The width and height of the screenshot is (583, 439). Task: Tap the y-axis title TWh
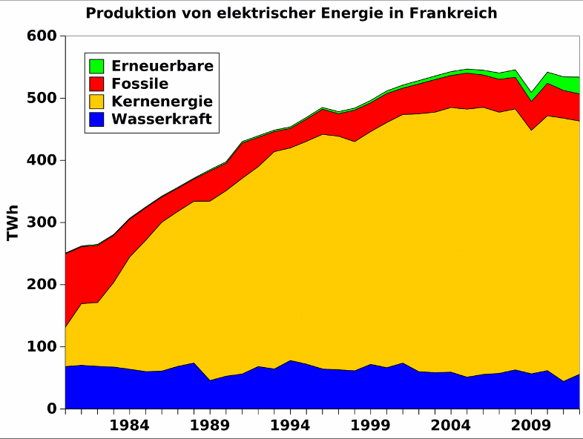coord(13,222)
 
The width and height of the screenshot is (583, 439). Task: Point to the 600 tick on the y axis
coord(42,36)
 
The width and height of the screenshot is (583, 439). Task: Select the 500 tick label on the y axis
coord(42,99)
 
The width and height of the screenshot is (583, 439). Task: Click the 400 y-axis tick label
coord(42,160)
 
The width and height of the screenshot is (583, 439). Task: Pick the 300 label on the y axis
coord(42,222)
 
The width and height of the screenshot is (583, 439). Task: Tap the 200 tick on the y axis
coord(42,285)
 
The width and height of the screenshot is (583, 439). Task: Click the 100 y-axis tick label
coord(42,347)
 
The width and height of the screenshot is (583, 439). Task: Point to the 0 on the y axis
coord(52,409)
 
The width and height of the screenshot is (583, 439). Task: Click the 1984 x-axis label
coord(129,426)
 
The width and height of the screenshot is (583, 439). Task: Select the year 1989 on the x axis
coord(210,426)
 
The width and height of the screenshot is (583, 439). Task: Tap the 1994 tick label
coord(291,426)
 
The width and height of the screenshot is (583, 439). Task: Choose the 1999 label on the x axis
coord(372,426)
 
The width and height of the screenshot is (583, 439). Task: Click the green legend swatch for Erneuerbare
coord(96,66)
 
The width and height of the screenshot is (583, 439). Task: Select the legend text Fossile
coord(139,84)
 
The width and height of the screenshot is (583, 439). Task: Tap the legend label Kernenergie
coord(162,102)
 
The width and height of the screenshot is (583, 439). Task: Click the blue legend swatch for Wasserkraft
coord(96,119)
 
